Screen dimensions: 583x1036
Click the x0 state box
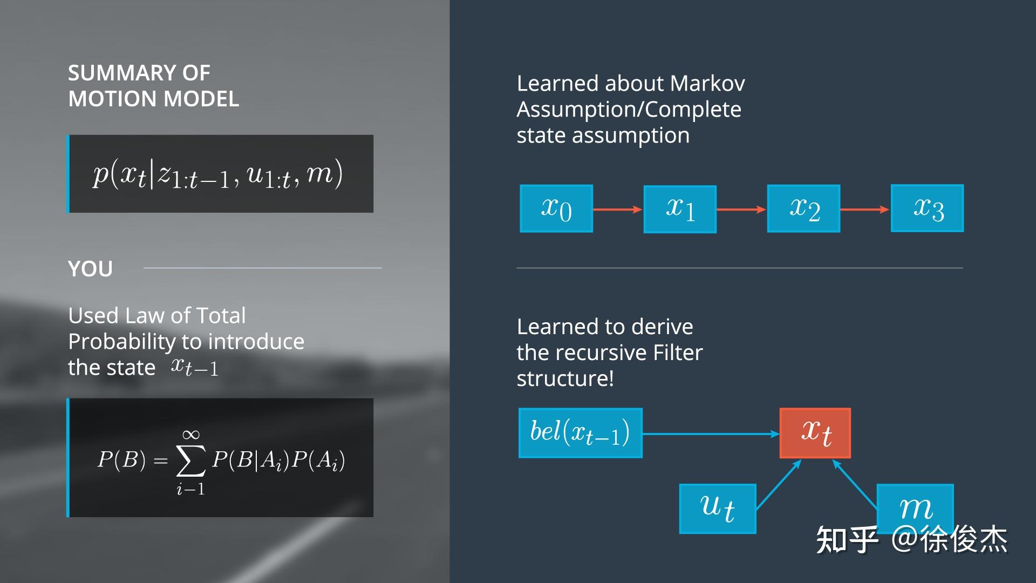tap(556, 209)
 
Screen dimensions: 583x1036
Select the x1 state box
tap(680, 209)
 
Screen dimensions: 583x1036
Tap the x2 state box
tap(803, 209)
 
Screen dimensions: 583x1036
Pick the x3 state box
tap(927, 208)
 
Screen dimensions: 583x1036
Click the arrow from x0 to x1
tap(618, 209)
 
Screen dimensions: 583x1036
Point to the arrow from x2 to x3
tap(865, 209)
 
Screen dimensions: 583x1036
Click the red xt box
tap(815, 433)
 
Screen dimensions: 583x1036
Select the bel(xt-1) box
tap(580, 433)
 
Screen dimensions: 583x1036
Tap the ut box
tap(718, 509)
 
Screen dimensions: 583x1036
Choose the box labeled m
tap(915, 507)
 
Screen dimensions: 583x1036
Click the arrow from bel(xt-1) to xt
tap(711, 433)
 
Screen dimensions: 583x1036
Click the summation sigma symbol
tap(191, 462)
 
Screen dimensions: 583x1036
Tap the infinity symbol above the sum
tap(191, 435)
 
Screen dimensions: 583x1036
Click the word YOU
tap(90, 269)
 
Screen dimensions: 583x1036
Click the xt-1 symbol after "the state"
tap(195, 367)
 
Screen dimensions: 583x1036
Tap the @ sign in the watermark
tap(905, 539)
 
